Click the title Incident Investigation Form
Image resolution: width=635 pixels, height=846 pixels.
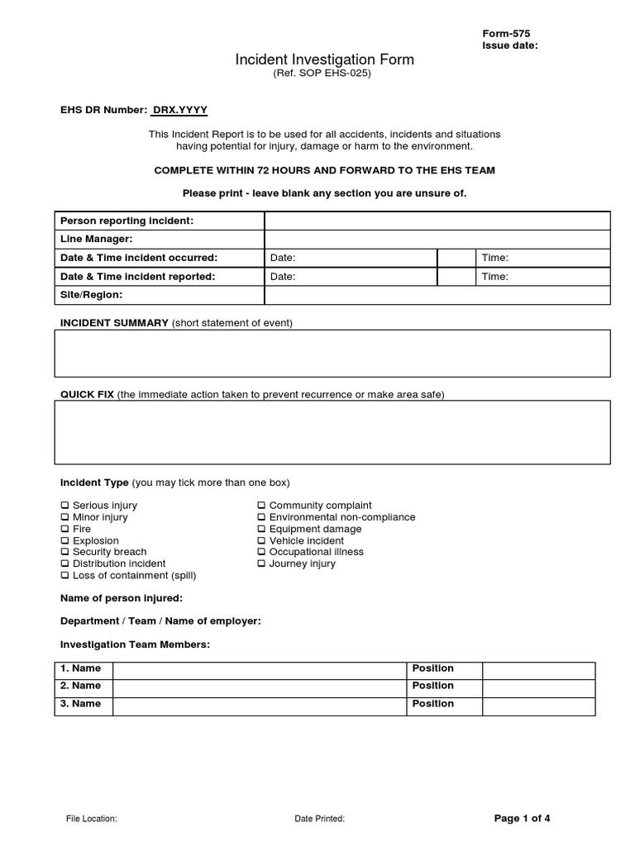(x=324, y=59)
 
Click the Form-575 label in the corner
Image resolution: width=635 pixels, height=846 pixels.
(x=507, y=33)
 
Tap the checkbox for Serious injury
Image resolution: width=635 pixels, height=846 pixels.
(x=64, y=506)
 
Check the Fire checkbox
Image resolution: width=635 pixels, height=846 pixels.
(x=64, y=529)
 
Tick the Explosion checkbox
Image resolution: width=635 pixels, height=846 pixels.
(x=64, y=541)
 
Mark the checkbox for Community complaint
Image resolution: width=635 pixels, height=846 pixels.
(x=261, y=506)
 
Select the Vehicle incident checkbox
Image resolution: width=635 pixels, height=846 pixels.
(x=261, y=541)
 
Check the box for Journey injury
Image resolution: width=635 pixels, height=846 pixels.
(x=261, y=564)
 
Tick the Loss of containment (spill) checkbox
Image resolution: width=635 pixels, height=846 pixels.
(x=64, y=576)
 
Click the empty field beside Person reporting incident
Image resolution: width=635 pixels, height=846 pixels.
(x=437, y=221)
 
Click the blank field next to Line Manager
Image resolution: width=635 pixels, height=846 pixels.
(x=437, y=239)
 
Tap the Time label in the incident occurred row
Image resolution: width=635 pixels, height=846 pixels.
(x=495, y=258)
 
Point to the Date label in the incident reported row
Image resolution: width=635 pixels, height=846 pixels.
(x=283, y=277)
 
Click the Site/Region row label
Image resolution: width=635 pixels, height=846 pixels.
(x=92, y=295)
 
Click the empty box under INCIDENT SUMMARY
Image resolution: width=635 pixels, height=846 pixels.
(x=332, y=353)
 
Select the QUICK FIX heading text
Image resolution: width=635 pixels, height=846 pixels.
(x=87, y=395)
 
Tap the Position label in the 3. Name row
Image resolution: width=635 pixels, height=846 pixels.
(x=432, y=704)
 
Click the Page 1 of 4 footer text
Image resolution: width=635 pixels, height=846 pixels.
(x=522, y=819)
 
